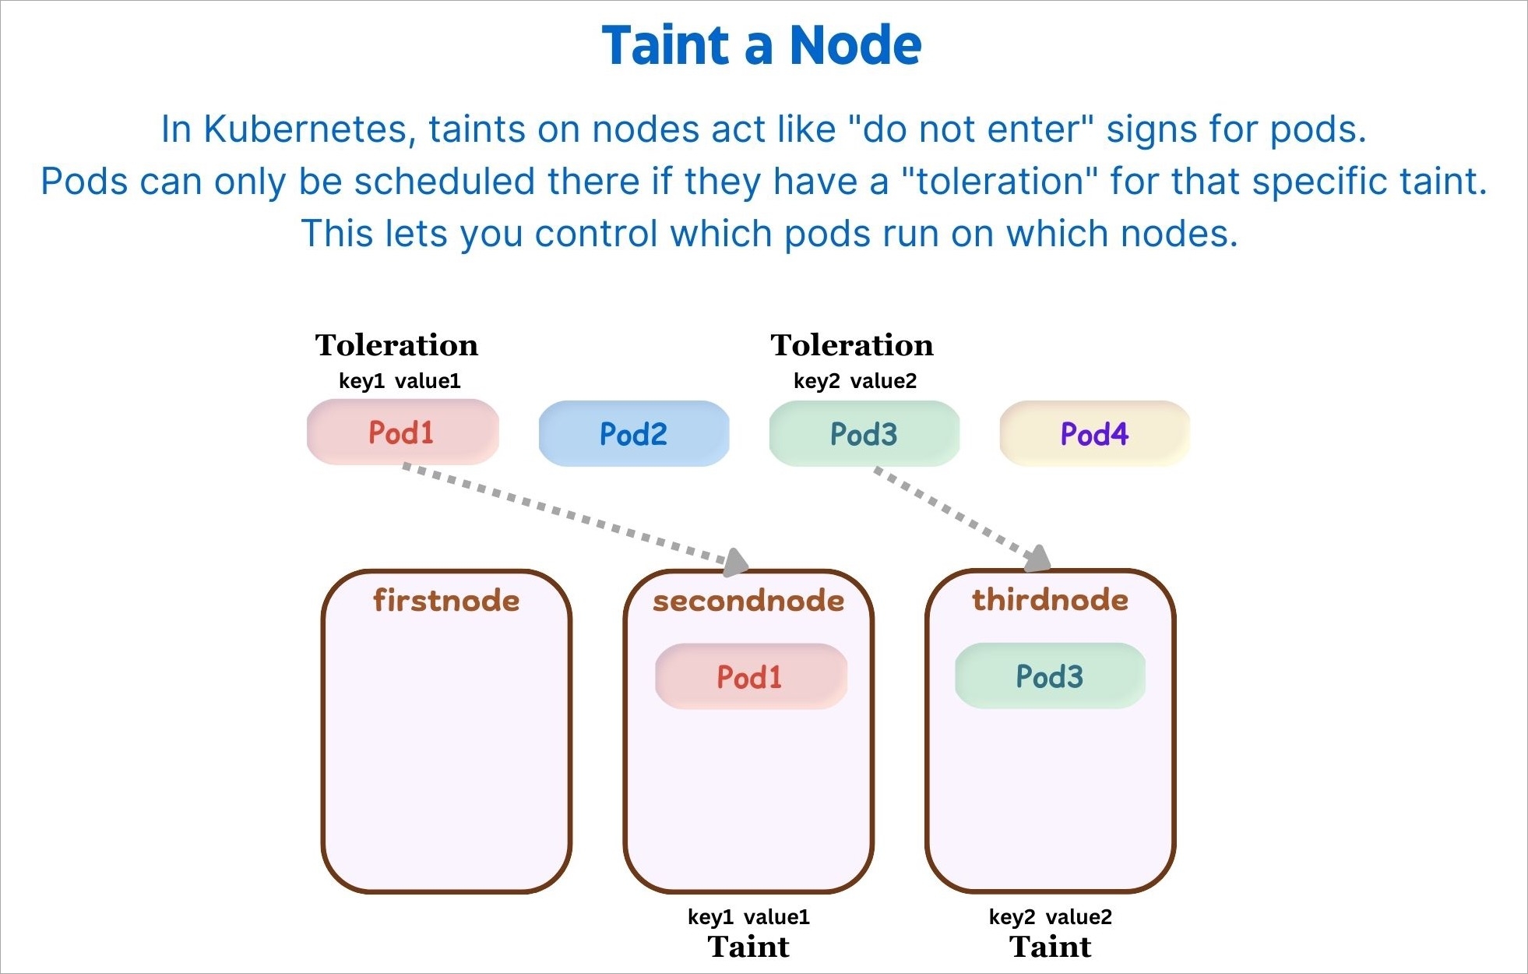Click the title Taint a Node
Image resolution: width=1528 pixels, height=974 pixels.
coord(762,45)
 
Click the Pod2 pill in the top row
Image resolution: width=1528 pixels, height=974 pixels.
coord(633,434)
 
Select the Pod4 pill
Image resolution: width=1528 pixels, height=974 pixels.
coord(1094,434)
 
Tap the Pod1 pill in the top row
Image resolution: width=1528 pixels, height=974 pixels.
coord(402,432)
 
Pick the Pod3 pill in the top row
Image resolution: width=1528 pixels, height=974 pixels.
coord(864,434)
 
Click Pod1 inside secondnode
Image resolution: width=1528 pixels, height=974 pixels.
coord(750,676)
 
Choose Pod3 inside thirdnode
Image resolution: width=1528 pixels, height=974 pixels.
coord(1050,676)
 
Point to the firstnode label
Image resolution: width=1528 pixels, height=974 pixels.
coord(446,601)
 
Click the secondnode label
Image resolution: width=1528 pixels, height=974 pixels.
coord(748,601)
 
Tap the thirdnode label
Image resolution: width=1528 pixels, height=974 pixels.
coord(1050,600)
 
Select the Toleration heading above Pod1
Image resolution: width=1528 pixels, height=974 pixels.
coord(396,345)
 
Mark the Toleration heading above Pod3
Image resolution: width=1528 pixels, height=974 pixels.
coord(852,345)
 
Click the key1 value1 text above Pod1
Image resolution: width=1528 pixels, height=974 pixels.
coord(400,381)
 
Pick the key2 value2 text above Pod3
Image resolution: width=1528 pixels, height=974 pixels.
coord(855,381)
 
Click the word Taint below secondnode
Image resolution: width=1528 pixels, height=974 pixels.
coord(748,947)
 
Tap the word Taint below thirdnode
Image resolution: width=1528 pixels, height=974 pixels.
coord(1051,947)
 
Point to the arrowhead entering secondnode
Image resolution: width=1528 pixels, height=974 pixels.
coord(735,562)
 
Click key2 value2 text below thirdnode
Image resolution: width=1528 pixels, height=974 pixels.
coord(1051,917)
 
